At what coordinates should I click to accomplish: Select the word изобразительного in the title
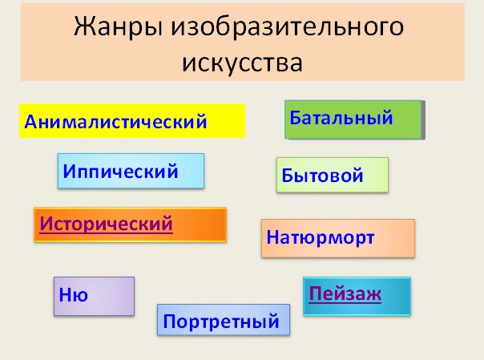click(x=288, y=27)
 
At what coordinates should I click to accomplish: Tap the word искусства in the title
click(x=242, y=63)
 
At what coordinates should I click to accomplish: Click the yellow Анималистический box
click(x=132, y=121)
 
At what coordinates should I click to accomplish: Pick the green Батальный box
click(x=353, y=119)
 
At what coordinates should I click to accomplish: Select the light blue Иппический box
click(x=131, y=171)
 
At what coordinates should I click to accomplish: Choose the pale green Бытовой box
click(x=333, y=175)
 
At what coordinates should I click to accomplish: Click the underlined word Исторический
click(x=107, y=224)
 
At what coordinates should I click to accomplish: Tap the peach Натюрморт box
click(x=338, y=238)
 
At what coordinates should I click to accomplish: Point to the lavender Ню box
click(x=94, y=296)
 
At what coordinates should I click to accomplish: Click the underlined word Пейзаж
click(x=345, y=294)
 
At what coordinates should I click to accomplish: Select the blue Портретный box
click(x=224, y=320)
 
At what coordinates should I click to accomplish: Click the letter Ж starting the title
click(x=84, y=27)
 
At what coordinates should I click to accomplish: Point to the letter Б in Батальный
click(x=296, y=117)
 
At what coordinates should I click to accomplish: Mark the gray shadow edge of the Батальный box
click(x=423, y=119)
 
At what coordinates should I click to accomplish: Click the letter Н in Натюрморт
click(x=273, y=237)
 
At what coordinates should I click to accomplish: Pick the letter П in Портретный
click(x=169, y=321)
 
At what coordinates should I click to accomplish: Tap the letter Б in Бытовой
click(x=288, y=176)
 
